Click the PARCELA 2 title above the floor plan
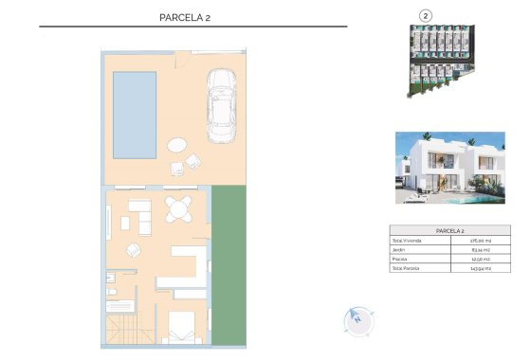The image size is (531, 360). pos(192,16)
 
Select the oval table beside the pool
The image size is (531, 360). pos(178,145)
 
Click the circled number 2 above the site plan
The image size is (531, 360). pos(426,15)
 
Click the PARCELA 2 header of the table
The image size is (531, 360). pos(449,230)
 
